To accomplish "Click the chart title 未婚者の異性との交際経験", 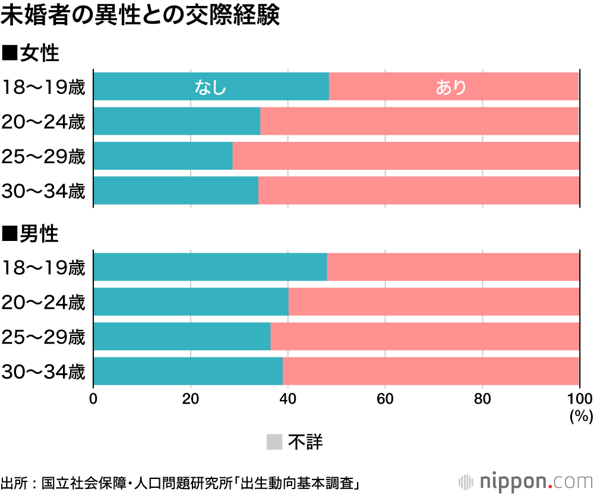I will pos(140,17).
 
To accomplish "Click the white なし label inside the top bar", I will pos(211,87).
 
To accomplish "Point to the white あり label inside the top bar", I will pos(451,87).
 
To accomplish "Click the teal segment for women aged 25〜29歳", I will pos(163,156).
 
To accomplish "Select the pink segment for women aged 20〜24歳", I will pos(419,122).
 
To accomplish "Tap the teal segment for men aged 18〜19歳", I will pos(210,267).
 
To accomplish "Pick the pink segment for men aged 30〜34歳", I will pos(430,372).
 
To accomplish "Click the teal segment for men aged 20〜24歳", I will pos(191,302).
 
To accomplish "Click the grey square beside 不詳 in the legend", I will pos(274,442).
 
